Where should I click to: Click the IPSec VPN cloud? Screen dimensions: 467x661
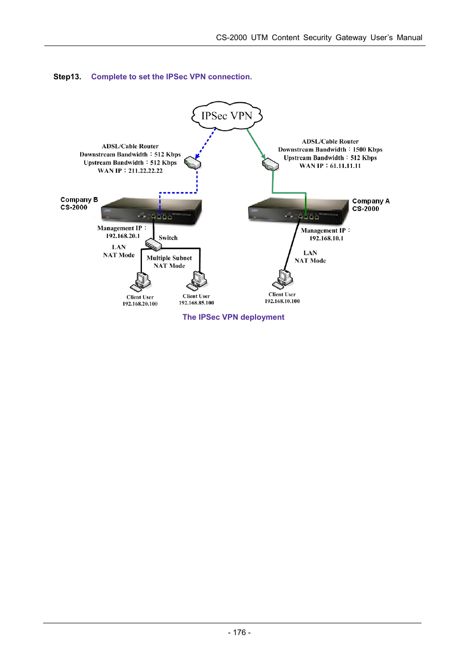(227, 116)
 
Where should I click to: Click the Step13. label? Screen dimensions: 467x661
(67, 77)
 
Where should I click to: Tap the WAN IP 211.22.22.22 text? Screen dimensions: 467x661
(130, 171)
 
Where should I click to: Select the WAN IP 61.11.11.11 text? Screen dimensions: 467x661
(330, 166)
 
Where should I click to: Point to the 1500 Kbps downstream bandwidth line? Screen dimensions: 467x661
(330, 150)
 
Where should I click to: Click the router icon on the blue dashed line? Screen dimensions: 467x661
(193, 163)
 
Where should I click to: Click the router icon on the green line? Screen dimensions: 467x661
(270, 164)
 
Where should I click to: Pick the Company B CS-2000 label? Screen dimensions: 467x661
(79, 203)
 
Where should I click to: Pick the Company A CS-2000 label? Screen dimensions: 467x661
(371, 205)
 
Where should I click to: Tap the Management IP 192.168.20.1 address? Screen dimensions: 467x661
(123, 236)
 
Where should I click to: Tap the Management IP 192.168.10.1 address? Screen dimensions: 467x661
(327, 238)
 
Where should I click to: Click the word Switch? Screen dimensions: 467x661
(168, 238)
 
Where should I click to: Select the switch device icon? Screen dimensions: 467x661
(153, 244)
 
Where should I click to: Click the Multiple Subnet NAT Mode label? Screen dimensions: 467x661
(169, 262)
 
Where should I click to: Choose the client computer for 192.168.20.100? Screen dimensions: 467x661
(141, 282)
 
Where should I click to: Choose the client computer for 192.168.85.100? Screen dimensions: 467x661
(197, 281)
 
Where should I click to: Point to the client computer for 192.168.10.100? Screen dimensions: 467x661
(283, 279)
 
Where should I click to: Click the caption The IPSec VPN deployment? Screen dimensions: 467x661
(233, 317)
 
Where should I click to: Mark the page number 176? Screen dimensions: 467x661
(239, 633)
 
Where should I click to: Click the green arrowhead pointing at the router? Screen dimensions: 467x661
(263, 156)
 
